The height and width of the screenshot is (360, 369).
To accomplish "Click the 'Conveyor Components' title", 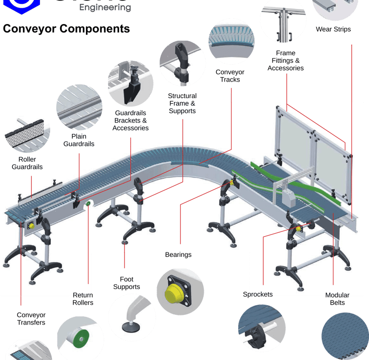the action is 66,29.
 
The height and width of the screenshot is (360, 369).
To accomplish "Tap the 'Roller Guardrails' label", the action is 27,163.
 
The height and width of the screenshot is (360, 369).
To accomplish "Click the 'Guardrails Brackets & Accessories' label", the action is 131,120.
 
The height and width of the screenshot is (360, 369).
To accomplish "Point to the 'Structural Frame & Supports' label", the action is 182,103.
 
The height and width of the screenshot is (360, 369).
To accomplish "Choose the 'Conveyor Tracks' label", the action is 230,76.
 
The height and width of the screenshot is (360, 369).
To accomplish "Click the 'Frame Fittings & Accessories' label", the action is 285,60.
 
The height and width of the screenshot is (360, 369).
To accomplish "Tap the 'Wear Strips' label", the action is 333,29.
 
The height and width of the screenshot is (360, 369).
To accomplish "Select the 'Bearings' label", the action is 178,254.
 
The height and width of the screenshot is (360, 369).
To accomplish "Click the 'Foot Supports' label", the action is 126,283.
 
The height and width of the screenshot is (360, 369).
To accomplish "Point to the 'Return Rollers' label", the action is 83,299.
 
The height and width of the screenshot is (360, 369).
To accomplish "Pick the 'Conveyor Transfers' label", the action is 31,319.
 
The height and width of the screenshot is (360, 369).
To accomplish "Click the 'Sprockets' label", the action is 258,294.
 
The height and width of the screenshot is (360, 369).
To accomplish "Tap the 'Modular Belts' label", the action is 337,299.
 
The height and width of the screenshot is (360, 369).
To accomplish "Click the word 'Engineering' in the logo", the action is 105,8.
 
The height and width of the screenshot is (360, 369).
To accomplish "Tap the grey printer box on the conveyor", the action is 289,197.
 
